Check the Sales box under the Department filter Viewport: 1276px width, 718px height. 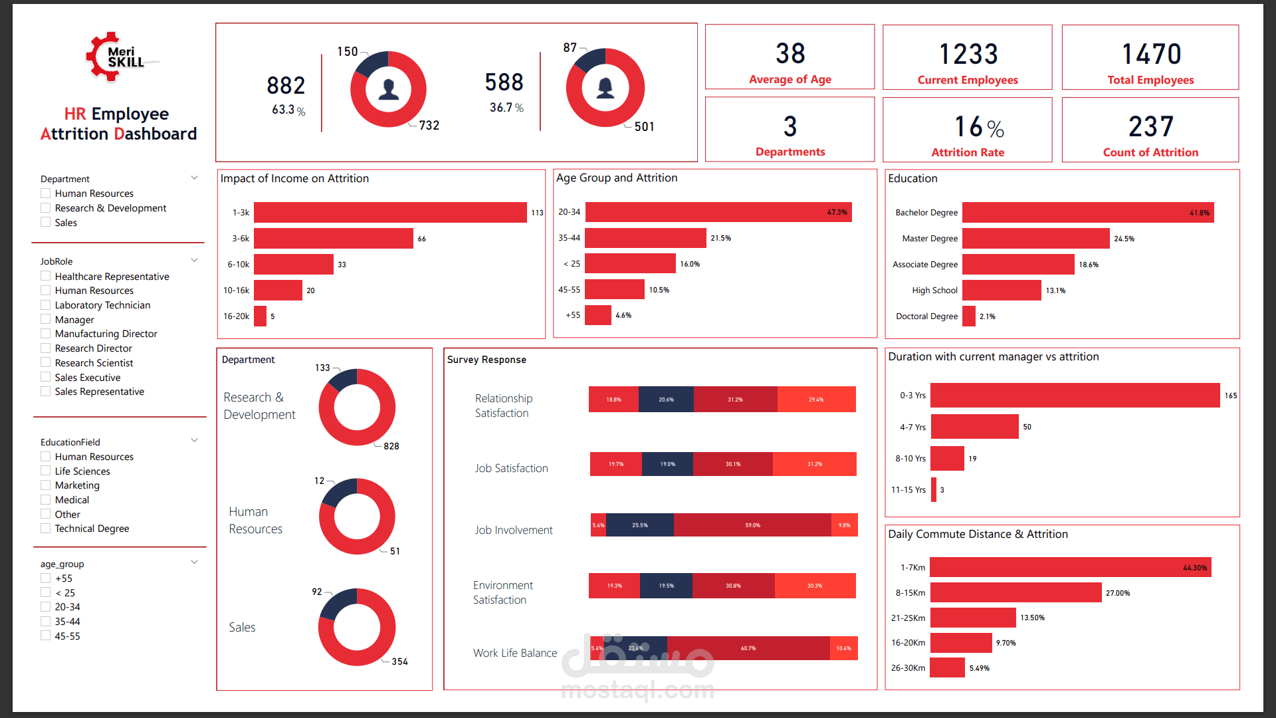(46, 223)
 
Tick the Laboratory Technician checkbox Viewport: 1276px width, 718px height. (46, 305)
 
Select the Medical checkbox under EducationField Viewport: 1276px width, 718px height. (46, 500)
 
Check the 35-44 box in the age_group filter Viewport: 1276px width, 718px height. (46, 622)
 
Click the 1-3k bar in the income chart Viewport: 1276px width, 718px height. (390, 213)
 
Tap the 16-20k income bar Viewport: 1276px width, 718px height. (260, 316)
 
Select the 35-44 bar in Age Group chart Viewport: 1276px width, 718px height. (645, 238)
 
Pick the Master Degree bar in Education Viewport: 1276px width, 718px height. (1035, 239)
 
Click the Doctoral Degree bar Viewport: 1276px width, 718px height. (969, 316)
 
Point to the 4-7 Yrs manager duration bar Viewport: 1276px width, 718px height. (974, 427)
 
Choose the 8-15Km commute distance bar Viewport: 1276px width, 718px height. (1015, 592)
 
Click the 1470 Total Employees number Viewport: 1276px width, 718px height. (1151, 55)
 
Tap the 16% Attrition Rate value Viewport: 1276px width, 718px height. (978, 127)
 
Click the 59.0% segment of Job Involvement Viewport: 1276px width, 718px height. (752, 525)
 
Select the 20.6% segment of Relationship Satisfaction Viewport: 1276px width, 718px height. (666, 400)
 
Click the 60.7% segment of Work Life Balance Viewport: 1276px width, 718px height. (748, 648)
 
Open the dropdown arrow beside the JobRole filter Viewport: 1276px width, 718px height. (195, 261)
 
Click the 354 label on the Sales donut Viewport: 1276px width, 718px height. (399, 661)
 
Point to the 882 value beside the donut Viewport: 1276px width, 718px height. (286, 86)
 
